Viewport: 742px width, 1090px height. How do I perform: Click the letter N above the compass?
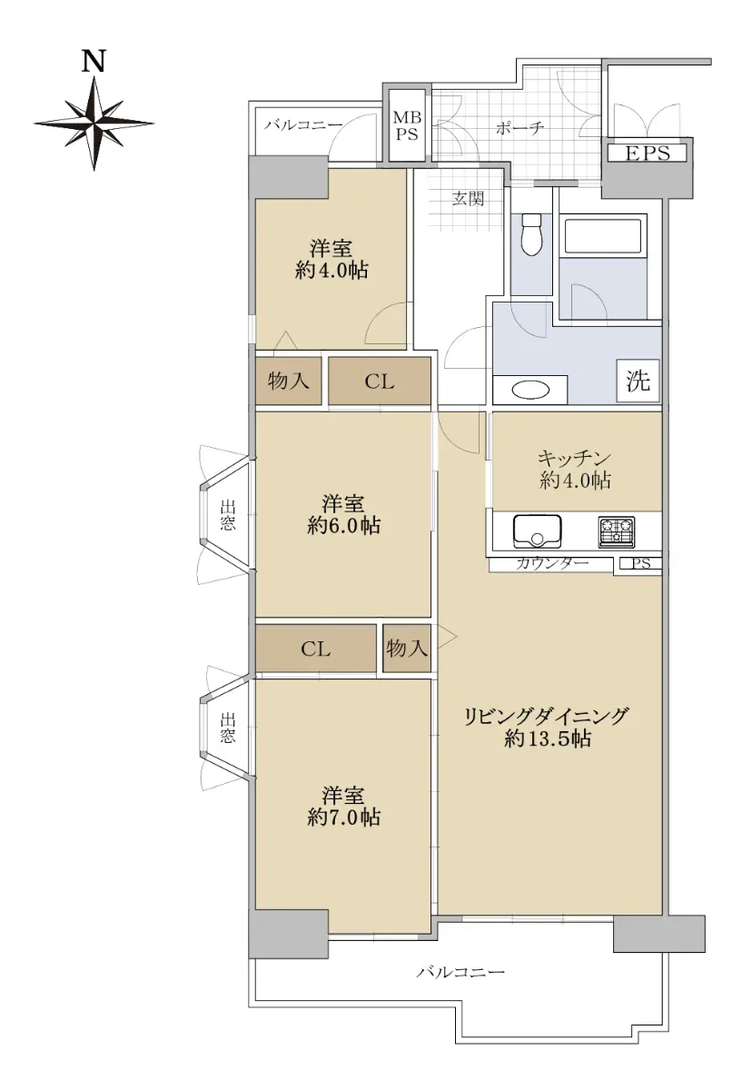pyautogui.click(x=94, y=62)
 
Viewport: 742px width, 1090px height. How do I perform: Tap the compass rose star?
pyautogui.click(x=94, y=124)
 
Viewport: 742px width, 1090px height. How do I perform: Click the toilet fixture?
pyautogui.click(x=530, y=234)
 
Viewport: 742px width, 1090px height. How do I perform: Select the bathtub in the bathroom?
pyautogui.click(x=603, y=236)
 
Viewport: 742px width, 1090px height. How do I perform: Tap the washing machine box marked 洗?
pyautogui.click(x=638, y=381)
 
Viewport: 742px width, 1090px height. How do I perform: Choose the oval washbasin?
pyautogui.click(x=530, y=390)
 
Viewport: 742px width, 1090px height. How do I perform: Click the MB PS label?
pyautogui.click(x=407, y=125)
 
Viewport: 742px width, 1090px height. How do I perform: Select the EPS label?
pyautogui.click(x=648, y=154)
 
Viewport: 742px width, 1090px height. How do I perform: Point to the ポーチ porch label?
pyautogui.click(x=519, y=128)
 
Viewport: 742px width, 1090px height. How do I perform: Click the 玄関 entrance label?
pyautogui.click(x=468, y=199)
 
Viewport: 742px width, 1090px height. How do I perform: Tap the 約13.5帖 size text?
pyautogui.click(x=548, y=739)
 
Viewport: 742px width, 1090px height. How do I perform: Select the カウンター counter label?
pyautogui.click(x=552, y=563)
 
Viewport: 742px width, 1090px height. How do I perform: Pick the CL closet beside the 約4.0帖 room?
pyautogui.click(x=380, y=381)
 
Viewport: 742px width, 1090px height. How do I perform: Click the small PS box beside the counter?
pyautogui.click(x=641, y=563)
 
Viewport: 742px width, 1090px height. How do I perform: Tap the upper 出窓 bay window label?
pyautogui.click(x=228, y=515)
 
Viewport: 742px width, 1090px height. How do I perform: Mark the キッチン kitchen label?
pyautogui.click(x=574, y=458)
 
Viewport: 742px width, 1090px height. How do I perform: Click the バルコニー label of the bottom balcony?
pyautogui.click(x=460, y=972)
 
